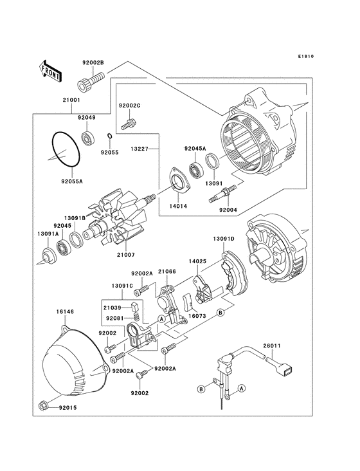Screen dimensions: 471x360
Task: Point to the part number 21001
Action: pyautogui.click(x=71, y=100)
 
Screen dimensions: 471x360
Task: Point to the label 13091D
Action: pyautogui.click(x=224, y=239)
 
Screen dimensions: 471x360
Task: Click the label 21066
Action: pyautogui.click(x=167, y=273)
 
